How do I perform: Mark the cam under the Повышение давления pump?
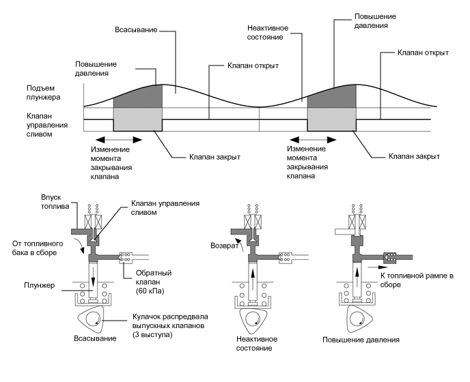pyautogui.click(x=355, y=316)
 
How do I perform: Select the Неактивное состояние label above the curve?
pyautogui.click(x=266, y=32)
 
